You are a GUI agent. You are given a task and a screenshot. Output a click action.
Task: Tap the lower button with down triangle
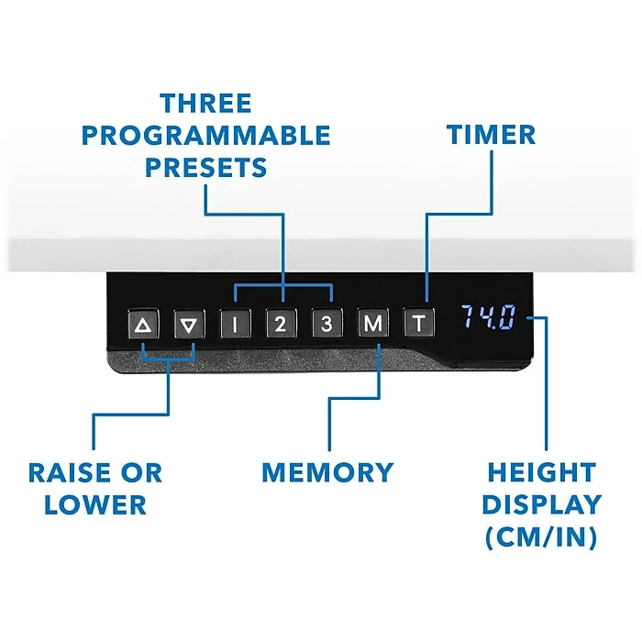click(x=188, y=324)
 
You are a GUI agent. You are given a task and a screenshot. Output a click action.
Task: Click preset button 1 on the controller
click(x=235, y=324)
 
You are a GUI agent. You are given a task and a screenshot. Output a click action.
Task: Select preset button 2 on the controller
click(x=282, y=324)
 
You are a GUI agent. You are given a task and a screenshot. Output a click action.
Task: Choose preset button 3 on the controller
click(x=326, y=324)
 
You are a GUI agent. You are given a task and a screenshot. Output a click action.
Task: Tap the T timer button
click(x=418, y=324)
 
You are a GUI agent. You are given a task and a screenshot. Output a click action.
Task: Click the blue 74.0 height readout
click(x=488, y=319)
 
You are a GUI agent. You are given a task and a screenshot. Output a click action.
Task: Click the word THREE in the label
click(x=205, y=103)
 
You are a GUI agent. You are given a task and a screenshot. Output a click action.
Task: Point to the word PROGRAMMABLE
click(x=205, y=136)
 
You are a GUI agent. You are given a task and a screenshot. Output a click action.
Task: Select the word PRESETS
click(x=205, y=168)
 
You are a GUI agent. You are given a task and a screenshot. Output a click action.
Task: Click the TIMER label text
click(x=492, y=135)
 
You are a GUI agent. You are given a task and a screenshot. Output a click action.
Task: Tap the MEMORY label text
click(x=327, y=473)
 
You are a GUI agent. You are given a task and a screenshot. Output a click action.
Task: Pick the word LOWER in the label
click(x=95, y=504)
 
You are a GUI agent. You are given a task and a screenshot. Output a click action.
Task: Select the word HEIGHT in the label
click(x=542, y=473)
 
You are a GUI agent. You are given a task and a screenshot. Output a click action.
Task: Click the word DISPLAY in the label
click(x=542, y=504)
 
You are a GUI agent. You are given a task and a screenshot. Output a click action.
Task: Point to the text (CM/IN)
click(x=542, y=537)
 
